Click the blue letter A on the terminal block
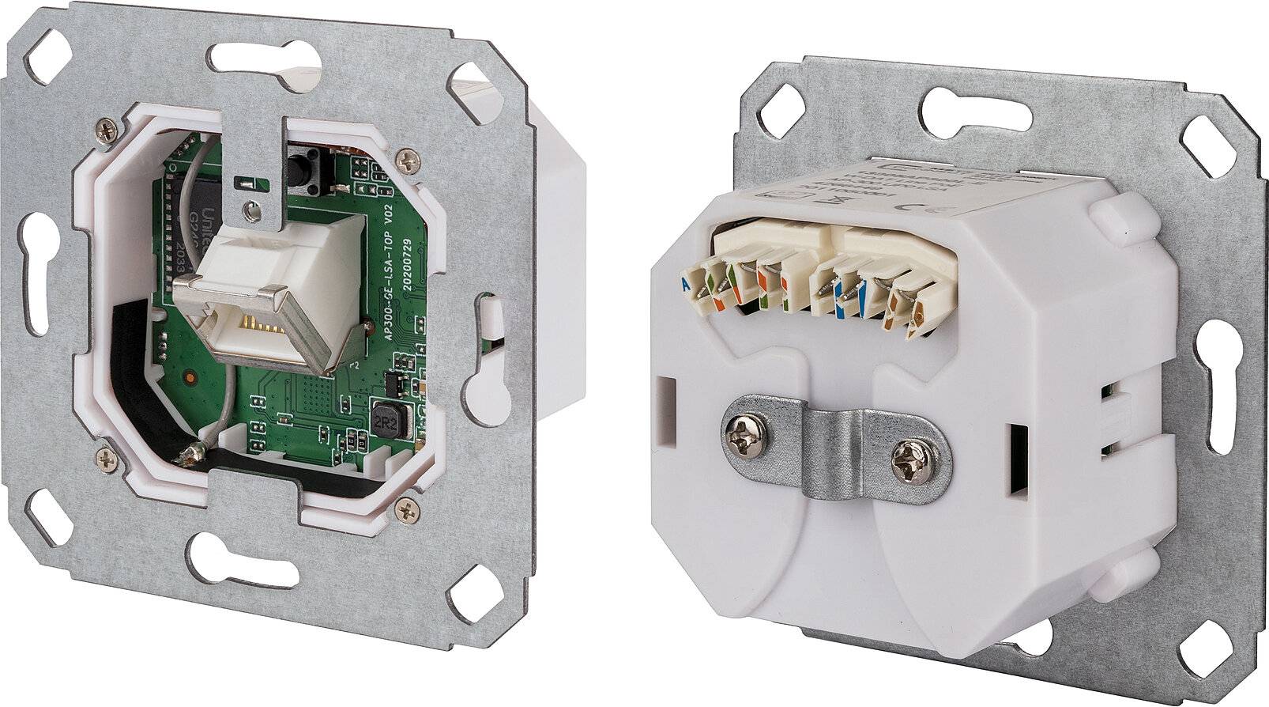click(x=684, y=283)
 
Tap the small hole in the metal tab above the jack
click(x=250, y=210)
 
